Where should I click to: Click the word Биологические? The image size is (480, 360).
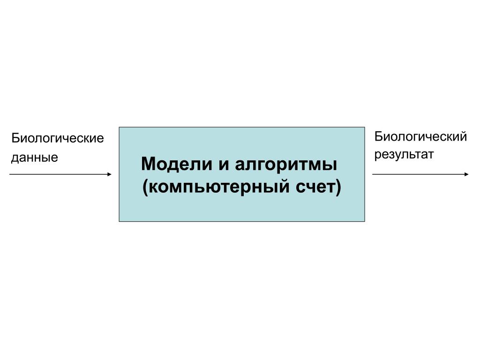tap(58, 139)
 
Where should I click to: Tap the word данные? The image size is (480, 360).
tap(35, 157)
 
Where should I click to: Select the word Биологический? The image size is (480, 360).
tap(420, 137)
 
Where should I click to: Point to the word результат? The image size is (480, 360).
tap(404, 154)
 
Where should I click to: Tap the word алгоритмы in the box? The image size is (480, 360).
tap(285, 165)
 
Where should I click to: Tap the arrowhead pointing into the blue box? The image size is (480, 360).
tap(109, 174)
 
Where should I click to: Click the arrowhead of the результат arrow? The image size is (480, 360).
tap(466, 174)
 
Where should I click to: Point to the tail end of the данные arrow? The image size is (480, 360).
tap(10, 174)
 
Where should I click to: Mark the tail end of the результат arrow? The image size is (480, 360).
tap(373, 174)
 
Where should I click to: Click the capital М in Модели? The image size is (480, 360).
tap(148, 165)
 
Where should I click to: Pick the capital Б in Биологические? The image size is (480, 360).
tap(15, 138)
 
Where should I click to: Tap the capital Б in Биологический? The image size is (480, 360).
tap(378, 136)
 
